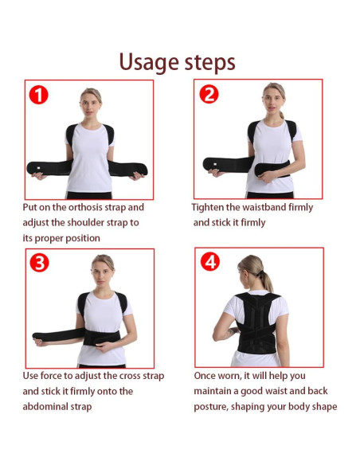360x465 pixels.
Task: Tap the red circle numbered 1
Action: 38,96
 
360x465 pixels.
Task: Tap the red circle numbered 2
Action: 209,95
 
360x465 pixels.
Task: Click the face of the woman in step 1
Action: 90,103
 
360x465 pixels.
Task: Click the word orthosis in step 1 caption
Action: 83,207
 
